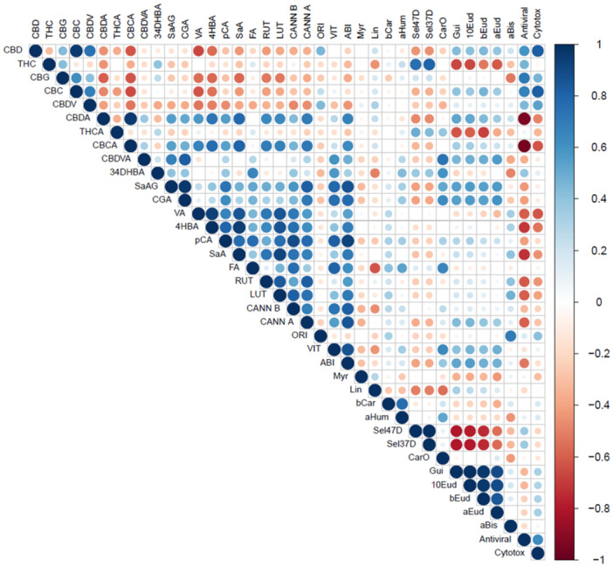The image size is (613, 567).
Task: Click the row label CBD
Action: [13, 51]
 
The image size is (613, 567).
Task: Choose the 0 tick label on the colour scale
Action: [597, 301]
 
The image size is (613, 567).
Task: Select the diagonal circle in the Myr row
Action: [361, 377]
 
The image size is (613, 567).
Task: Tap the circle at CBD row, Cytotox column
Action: [538, 52]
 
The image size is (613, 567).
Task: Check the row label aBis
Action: [490, 527]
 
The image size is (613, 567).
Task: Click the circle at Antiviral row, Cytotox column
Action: [538, 540]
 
